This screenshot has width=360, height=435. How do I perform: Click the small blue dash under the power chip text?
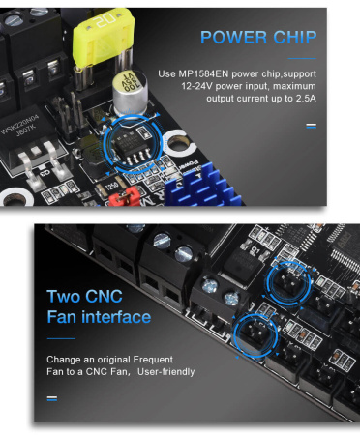click(x=311, y=126)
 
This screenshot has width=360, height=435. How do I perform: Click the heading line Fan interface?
click(x=99, y=317)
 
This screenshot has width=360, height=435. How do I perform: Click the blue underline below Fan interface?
click(x=61, y=338)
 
